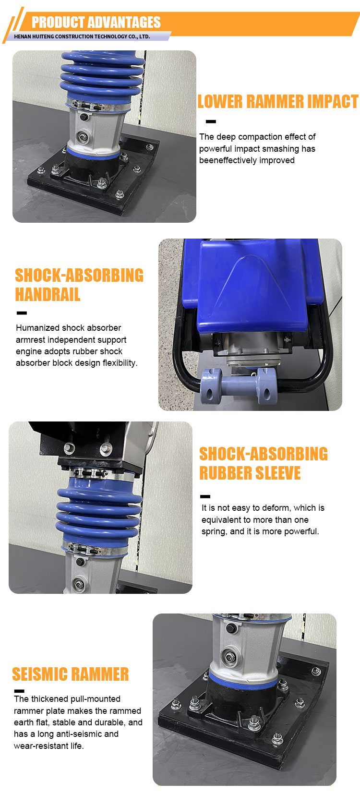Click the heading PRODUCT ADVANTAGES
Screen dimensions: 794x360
(96, 22)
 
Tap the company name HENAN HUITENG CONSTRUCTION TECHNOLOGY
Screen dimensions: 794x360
(82, 36)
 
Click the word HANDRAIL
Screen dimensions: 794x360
(48, 294)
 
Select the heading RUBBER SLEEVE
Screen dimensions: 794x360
(250, 473)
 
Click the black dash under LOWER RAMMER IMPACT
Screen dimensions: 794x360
(211, 121)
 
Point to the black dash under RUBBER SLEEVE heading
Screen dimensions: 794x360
(205, 496)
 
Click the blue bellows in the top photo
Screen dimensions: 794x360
(102, 77)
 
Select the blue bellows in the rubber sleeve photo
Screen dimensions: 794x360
(99, 514)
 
